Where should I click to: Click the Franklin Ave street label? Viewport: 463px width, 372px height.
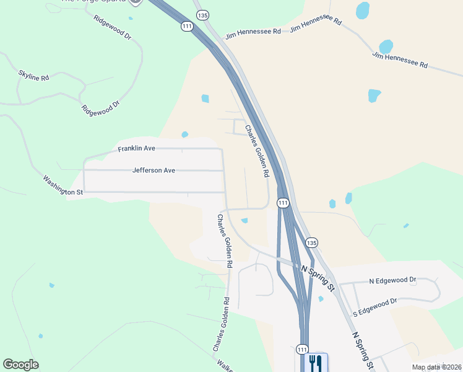tap(136, 149)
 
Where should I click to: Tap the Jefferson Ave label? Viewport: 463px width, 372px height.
tap(154, 170)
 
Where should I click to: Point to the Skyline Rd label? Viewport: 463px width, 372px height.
tap(33, 76)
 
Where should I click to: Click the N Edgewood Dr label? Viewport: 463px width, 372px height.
tap(392, 281)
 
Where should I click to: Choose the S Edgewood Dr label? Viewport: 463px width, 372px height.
tap(374, 307)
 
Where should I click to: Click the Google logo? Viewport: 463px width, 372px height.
tap(20, 365)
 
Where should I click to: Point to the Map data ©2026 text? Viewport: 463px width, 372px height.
tap(436, 367)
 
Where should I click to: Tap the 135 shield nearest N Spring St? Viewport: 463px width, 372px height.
tap(311, 242)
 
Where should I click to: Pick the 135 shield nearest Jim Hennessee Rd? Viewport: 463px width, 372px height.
tap(201, 14)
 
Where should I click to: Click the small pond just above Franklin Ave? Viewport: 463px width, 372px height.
tap(184, 135)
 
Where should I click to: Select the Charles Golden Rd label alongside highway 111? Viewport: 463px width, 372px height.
tap(256, 151)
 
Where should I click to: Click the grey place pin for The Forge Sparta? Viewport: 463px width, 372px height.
tap(136, 2)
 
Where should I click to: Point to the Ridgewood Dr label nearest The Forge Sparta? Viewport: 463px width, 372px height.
tap(113, 27)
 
